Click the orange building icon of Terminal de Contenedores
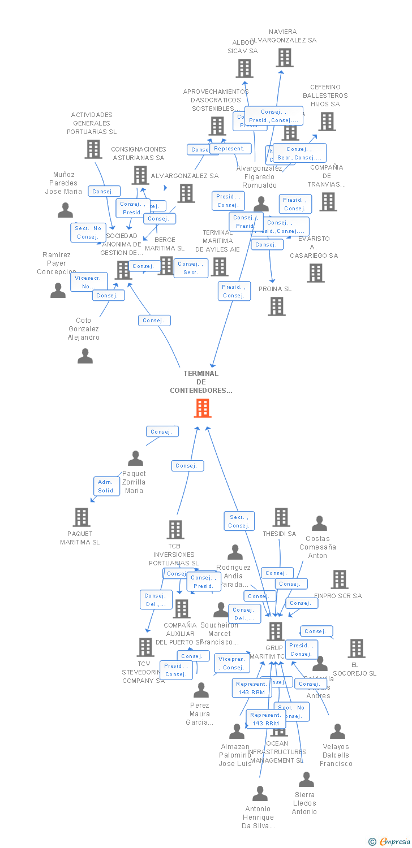(x=202, y=408)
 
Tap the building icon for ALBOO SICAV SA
(x=244, y=68)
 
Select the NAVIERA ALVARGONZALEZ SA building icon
(x=285, y=57)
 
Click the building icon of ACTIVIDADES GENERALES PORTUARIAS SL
(x=93, y=149)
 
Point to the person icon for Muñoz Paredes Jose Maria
(x=66, y=210)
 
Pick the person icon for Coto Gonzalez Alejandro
(x=85, y=356)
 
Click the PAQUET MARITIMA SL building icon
(x=81, y=517)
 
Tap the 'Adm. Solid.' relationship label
(x=106, y=486)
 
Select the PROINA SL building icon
(x=277, y=306)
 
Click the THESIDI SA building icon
(x=281, y=517)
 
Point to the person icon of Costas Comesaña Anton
(x=320, y=523)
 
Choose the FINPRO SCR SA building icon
(x=340, y=579)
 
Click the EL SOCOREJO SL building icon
(x=357, y=648)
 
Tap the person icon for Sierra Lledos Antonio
(x=306, y=780)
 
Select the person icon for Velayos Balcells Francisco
(x=337, y=732)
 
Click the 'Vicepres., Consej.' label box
(x=231, y=663)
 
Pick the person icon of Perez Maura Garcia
(x=201, y=690)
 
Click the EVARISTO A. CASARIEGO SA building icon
(x=316, y=273)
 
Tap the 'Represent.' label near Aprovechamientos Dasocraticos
(x=230, y=149)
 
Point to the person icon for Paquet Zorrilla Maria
(x=135, y=458)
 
